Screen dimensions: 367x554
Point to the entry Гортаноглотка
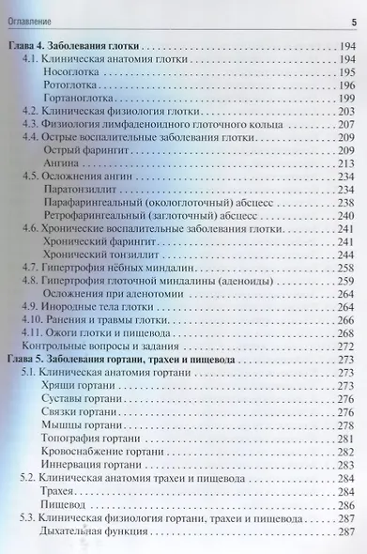[x=80, y=97]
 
